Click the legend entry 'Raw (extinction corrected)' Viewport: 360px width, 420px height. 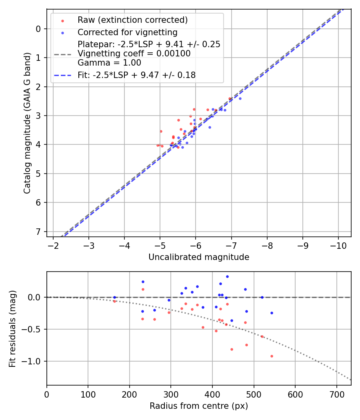tap(132, 20)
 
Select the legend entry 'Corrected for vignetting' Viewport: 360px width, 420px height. tap(127, 32)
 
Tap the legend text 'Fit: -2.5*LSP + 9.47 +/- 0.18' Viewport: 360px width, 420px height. tap(136, 75)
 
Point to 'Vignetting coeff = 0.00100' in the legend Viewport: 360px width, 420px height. tap(134, 54)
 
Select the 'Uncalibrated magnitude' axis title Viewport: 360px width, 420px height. tap(199, 257)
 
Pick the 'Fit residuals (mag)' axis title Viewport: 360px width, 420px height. tap(13, 329)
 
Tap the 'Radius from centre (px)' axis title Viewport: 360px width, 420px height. tap(199, 406)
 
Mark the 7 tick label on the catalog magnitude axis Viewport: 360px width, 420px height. tap(38, 232)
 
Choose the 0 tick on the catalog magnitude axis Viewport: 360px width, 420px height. tap(38, 29)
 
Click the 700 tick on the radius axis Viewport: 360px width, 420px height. tap(336, 394)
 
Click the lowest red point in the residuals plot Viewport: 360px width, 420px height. tap(272, 356)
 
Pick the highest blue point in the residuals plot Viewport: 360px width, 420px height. tap(227, 276)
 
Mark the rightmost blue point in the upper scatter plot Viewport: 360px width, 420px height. tap(240, 98)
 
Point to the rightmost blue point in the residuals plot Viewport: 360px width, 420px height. tap(272, 313)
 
